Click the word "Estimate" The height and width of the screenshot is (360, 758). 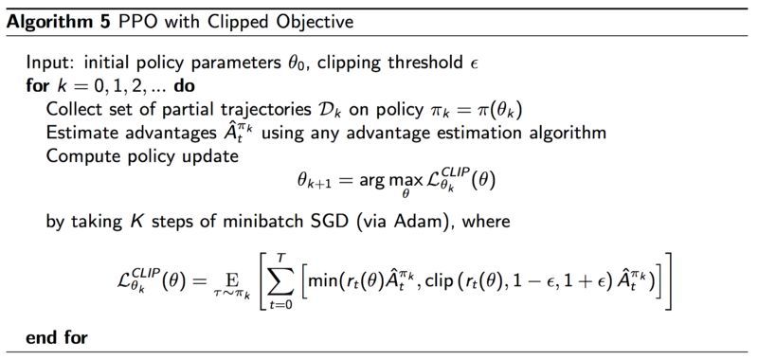pyautogui.click(x=81, y=131)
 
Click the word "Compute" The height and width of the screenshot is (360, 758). pyautogui.click(x=81, y=153)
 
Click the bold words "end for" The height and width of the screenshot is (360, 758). pyautogui.click(x=57, y=336)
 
